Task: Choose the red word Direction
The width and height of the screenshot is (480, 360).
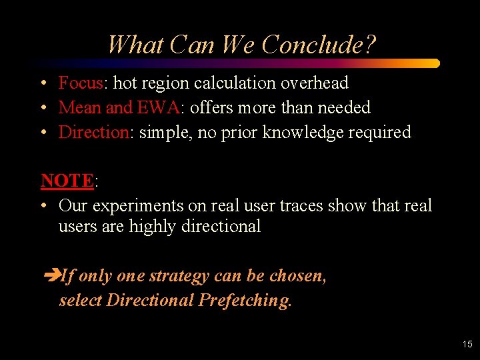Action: [93, 132]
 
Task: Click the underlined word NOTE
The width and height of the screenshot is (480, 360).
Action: [67, 181]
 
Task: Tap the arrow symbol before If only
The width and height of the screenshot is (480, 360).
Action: [51, 276]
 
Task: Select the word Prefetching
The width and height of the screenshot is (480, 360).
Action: [245, 301]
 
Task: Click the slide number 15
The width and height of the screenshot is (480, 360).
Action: [467, 344]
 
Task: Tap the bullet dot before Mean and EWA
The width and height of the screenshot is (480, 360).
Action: [43, 108]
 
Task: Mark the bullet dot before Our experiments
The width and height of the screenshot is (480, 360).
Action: [43, 206]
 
